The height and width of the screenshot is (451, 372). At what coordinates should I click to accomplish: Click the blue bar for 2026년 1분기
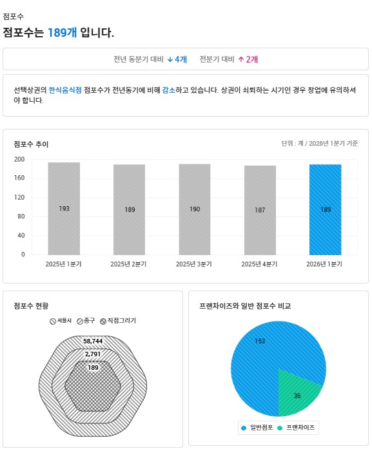pos(326,209)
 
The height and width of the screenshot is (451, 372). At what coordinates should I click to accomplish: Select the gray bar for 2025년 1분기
pos(64,209)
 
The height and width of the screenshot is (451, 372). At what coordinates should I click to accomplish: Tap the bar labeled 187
pos(260,210)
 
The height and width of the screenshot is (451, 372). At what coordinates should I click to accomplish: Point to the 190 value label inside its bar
pos(195,209)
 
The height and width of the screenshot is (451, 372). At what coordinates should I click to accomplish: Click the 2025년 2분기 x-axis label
pos(128,264)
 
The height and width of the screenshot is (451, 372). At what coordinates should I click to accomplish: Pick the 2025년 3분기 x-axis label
pos(194,264)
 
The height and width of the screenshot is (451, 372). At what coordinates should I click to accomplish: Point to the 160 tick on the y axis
pos(19,178)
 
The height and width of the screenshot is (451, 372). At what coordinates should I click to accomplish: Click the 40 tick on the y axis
pos(21,235)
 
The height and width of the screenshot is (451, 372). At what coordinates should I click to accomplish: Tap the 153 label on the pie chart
pos(260,341)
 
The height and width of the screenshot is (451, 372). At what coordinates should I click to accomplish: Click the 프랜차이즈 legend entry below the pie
pos(296,428)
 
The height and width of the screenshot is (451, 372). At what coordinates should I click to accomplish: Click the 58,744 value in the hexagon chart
pos(93,341)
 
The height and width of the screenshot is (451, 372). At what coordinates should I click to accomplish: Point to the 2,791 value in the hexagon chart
pos(93,354)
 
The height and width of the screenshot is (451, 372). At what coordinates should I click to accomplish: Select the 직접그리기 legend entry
pos(118,321)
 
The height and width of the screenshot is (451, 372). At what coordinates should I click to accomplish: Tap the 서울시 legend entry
pos(61,321)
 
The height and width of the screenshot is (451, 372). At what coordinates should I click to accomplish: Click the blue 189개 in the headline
pos(62,32)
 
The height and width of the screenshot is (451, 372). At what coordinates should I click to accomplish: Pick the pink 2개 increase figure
pos(248,59)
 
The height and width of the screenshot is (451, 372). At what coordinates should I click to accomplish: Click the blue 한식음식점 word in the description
pos(65,90)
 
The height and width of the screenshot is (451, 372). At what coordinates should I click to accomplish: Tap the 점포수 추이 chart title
pos(31,144)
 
